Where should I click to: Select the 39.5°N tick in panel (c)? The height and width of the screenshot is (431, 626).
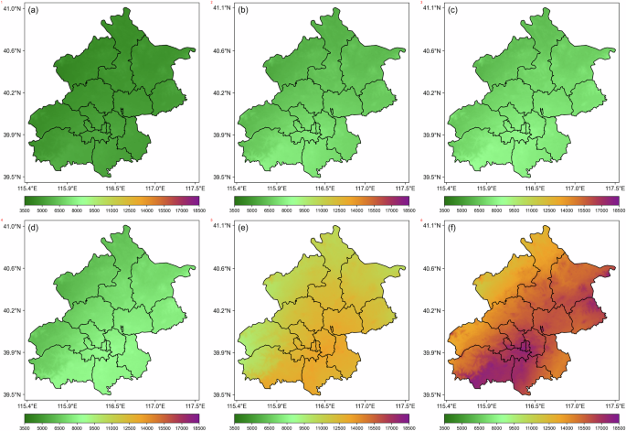click(430, 178)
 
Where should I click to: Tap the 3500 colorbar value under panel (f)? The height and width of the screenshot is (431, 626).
click(447, 426)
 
